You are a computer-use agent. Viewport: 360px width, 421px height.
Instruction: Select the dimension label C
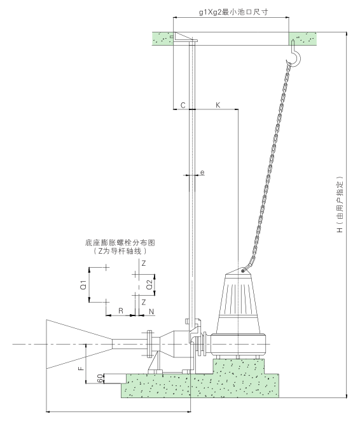pyautogui.click(x=183, y=105)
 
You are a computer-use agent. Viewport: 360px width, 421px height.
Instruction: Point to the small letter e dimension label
pyautogui.click(x=202, y=172)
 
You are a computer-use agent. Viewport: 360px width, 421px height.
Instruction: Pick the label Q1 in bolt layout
pyautogui.click(x=83, y=286)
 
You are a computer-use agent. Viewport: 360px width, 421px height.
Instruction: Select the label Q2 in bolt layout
pyautogui.click(x=149, y=286)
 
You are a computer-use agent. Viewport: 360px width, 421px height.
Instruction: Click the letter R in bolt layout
pyautogui.click(x=120, y=311)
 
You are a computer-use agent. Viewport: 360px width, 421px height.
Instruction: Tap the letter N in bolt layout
pyautogui.click(x=151, y=311)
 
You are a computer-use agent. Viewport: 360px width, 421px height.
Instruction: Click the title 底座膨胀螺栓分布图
pyautogui.click(x=120, y=243)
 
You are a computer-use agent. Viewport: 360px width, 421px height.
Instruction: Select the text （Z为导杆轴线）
pyautogui.click(x=120, y=252)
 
